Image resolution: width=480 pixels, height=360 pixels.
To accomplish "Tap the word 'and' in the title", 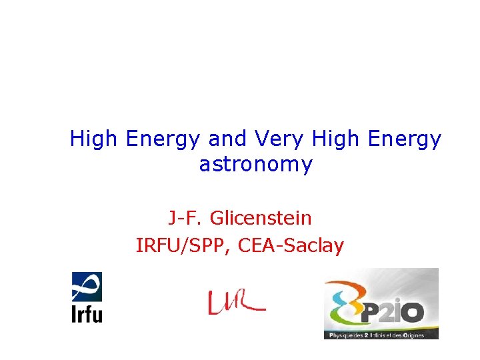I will coord(227,139).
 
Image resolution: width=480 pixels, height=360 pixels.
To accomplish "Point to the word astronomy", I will coord(255,165).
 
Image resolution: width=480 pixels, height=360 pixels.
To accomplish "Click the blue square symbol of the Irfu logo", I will coord(87,287).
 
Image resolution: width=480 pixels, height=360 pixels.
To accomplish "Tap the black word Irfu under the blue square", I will coord(87,313).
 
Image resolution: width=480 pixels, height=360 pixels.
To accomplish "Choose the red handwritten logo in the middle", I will coord(235,303).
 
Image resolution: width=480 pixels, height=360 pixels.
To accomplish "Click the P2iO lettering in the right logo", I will coord(397,311).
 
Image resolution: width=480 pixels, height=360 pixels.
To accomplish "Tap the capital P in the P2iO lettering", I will coord(371,311).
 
